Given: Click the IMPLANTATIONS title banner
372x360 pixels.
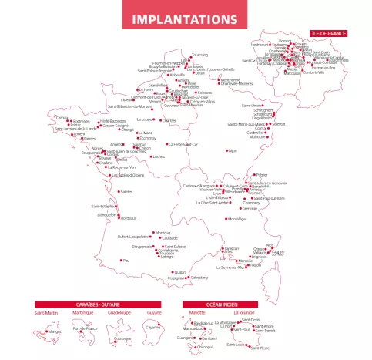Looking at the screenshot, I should click(186, 19).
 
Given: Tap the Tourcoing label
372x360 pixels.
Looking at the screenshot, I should click(199, 56).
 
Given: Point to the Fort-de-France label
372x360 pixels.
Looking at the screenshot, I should click(85, 329).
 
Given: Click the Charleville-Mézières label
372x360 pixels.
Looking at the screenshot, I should click(235, 83).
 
